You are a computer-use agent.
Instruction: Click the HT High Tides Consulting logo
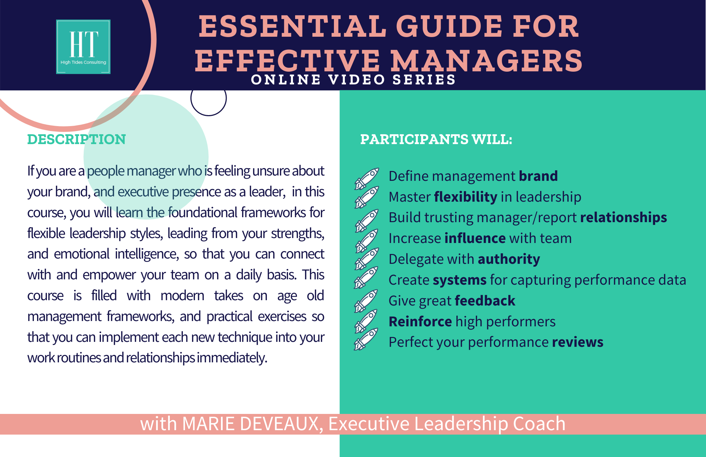pos(83,47)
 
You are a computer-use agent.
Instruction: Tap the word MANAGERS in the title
pos(487,61)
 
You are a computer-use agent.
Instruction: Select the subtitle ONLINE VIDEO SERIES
pos(353,80)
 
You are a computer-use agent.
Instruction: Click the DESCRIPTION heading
pos(77,139)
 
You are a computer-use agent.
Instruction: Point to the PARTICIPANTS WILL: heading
pos(436,139)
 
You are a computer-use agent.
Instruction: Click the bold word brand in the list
pos(538,176)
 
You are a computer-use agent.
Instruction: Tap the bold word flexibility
pos(466,197)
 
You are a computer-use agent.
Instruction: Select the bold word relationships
pos(623,218)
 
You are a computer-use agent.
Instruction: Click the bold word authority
pos(509,259)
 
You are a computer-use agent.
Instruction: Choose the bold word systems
pos(460,280)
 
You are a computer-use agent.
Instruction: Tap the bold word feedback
pos(485,301)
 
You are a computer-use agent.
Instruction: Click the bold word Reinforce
pos(420,321)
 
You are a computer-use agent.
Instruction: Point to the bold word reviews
pos(578,342)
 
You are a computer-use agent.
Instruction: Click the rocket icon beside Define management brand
pos(366,179)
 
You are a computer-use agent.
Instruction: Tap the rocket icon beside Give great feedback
pos(366,301)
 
